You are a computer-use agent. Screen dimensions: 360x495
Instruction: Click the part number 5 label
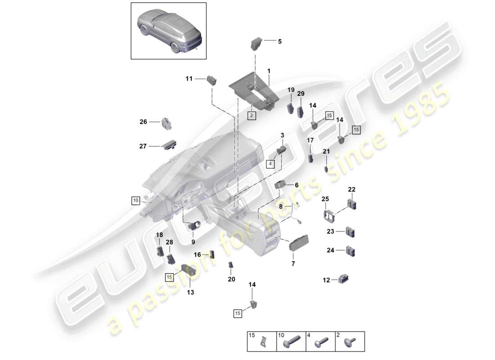pos(279,41)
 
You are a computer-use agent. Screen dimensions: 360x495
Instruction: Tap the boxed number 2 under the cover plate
pos(252,116)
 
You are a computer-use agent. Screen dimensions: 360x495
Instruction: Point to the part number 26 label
pos(143,121)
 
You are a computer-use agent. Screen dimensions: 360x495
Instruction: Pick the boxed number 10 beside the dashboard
pos(135,200)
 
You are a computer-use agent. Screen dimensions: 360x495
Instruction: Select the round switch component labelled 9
pos(196,225)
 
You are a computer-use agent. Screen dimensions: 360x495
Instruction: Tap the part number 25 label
pos(325,199)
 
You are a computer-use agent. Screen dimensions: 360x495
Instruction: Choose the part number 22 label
pos(351,189)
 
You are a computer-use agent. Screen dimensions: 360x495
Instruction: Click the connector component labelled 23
pos(351,233)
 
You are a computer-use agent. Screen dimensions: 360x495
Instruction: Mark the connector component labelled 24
pos(351,250)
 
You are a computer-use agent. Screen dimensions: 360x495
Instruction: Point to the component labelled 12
pos(344,280)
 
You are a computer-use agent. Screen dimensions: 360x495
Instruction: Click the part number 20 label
pos(231,279)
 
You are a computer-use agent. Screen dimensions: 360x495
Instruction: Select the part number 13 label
pos(190,292)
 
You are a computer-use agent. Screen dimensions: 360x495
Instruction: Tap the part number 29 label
pos(301,94)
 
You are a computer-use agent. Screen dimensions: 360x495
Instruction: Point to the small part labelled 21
pos(326,169)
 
